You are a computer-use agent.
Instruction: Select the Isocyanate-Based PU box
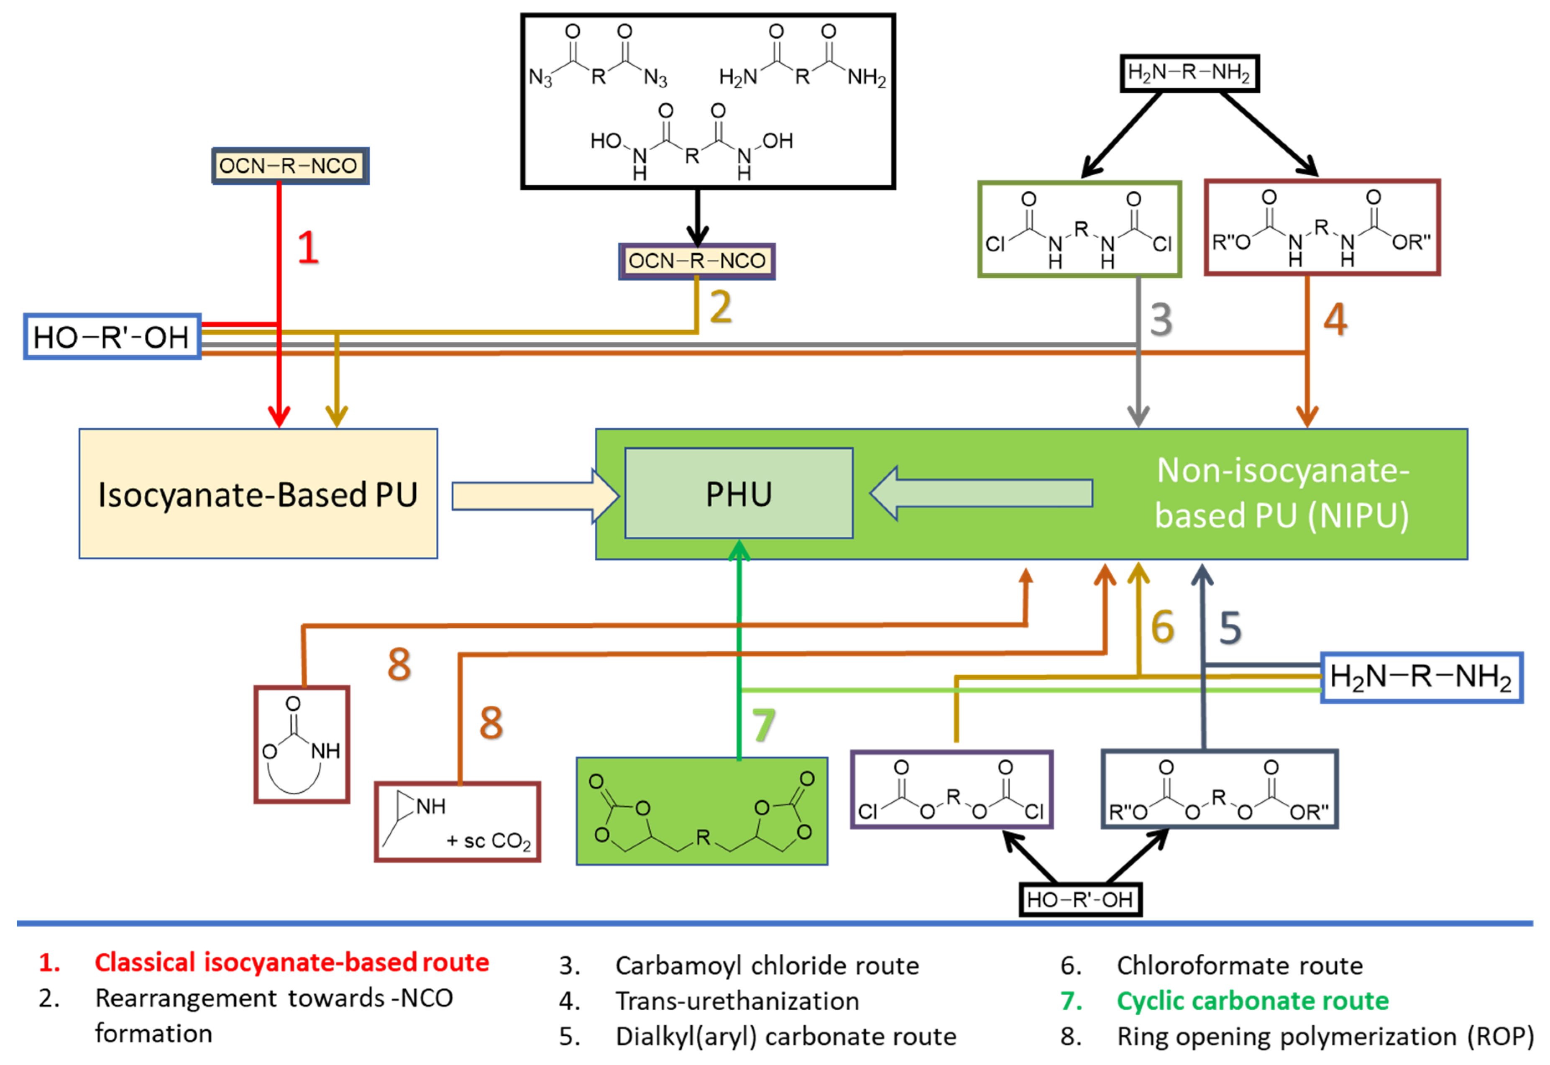pos(258,494)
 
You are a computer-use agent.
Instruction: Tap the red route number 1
pos(307,248)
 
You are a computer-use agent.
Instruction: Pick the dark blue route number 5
pos(1230,627)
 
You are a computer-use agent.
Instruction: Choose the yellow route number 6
pos(1163,627)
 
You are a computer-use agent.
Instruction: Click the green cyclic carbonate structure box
pos(702,811)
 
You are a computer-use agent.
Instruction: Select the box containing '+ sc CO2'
pos(457,822)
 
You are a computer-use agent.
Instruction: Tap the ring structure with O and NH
pos(302,744)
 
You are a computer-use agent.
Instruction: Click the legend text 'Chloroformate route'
pos(1240,965)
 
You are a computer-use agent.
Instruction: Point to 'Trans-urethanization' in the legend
pos(737,1001)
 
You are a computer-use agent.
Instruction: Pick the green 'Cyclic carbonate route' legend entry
pos(1252,1001)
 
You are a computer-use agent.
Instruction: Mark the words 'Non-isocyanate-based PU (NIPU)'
pos(1282,493)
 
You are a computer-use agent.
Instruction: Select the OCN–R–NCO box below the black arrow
pos(697,261)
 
